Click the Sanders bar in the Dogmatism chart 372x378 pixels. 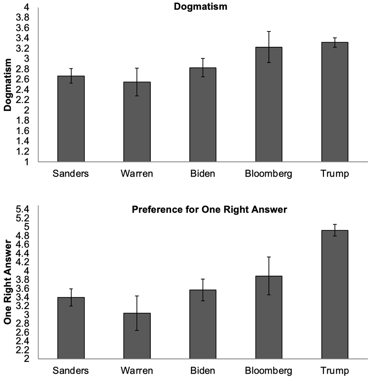tap(71, 119)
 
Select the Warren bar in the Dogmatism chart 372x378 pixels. tap(137, 122)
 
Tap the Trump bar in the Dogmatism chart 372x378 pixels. tap(335, 102)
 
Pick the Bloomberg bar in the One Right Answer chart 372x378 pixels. tap(269, 317)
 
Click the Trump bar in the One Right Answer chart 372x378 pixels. tap(335, 295)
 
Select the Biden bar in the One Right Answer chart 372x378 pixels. tap(203, 324)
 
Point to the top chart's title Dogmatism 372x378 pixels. tap(200, 7)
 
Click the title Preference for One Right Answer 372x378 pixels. tap(209, 210)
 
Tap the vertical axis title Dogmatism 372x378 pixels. tap(8, 85)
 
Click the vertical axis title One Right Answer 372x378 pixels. tap(8, 282)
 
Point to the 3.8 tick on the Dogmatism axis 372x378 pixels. tap(22, 18)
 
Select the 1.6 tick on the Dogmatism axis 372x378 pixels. tap(22, 131)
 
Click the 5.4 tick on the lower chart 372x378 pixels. tap(22, 209)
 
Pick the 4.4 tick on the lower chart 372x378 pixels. tap(22, 253)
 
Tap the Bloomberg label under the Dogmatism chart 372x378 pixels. tap(268, 174)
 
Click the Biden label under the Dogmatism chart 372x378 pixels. tap(203, 173)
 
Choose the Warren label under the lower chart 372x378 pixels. tap(137, 371)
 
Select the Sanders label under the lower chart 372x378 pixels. tap(71, 371)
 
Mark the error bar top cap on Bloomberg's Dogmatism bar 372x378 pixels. tap(269, 31)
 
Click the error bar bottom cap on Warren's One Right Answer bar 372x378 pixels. tap(137, 330)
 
